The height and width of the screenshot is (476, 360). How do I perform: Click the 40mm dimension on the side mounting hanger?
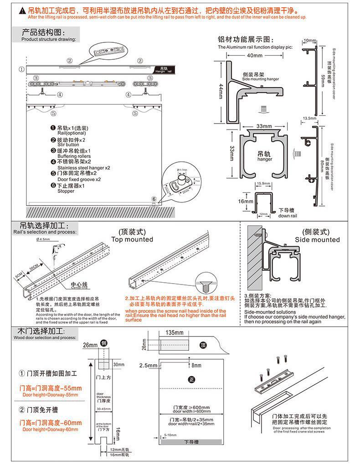[x=255, y=56]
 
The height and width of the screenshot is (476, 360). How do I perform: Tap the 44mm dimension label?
[x=220, y=89]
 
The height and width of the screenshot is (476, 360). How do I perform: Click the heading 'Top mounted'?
[x=132, y=239]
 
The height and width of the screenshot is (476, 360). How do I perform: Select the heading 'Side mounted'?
[x=317, y=240]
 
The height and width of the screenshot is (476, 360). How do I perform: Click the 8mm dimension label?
[x=196, y=365]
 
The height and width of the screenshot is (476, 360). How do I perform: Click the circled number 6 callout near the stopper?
[x=154, y=199]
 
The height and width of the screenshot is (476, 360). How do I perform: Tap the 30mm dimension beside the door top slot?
[x=118, y=365]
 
